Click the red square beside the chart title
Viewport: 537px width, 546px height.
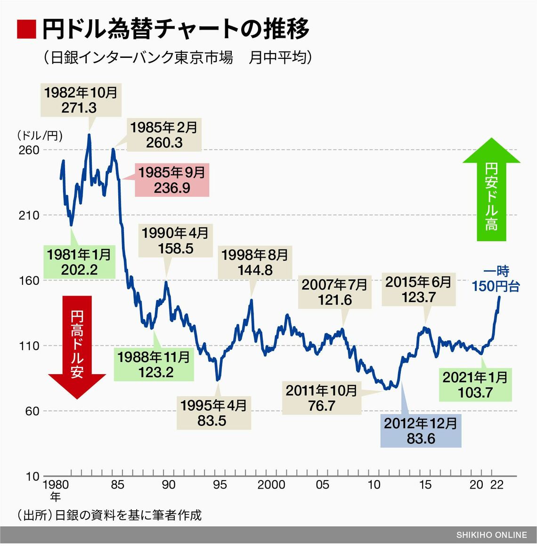[26, 30]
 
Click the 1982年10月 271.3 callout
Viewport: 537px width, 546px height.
[81, 100]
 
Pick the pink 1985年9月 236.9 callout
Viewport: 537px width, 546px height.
[171, 180]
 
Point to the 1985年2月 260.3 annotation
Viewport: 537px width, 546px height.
[163, 135]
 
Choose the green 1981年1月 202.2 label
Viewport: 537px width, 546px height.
[79, 262]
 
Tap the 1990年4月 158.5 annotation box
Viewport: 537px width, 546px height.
[175, 241]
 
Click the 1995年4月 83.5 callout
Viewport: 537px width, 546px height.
[213, 413]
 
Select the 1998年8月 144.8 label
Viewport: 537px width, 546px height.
[254, 263]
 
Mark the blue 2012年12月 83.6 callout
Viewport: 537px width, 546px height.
[420, 431]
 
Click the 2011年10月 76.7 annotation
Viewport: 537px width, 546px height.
[321, 398]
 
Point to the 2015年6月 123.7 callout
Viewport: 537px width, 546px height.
[418, 289]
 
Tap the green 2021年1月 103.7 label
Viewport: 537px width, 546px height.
[475, 385]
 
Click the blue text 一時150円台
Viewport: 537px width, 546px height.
[496, 279]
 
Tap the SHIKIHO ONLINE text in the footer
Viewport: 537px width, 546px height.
[491, 535]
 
